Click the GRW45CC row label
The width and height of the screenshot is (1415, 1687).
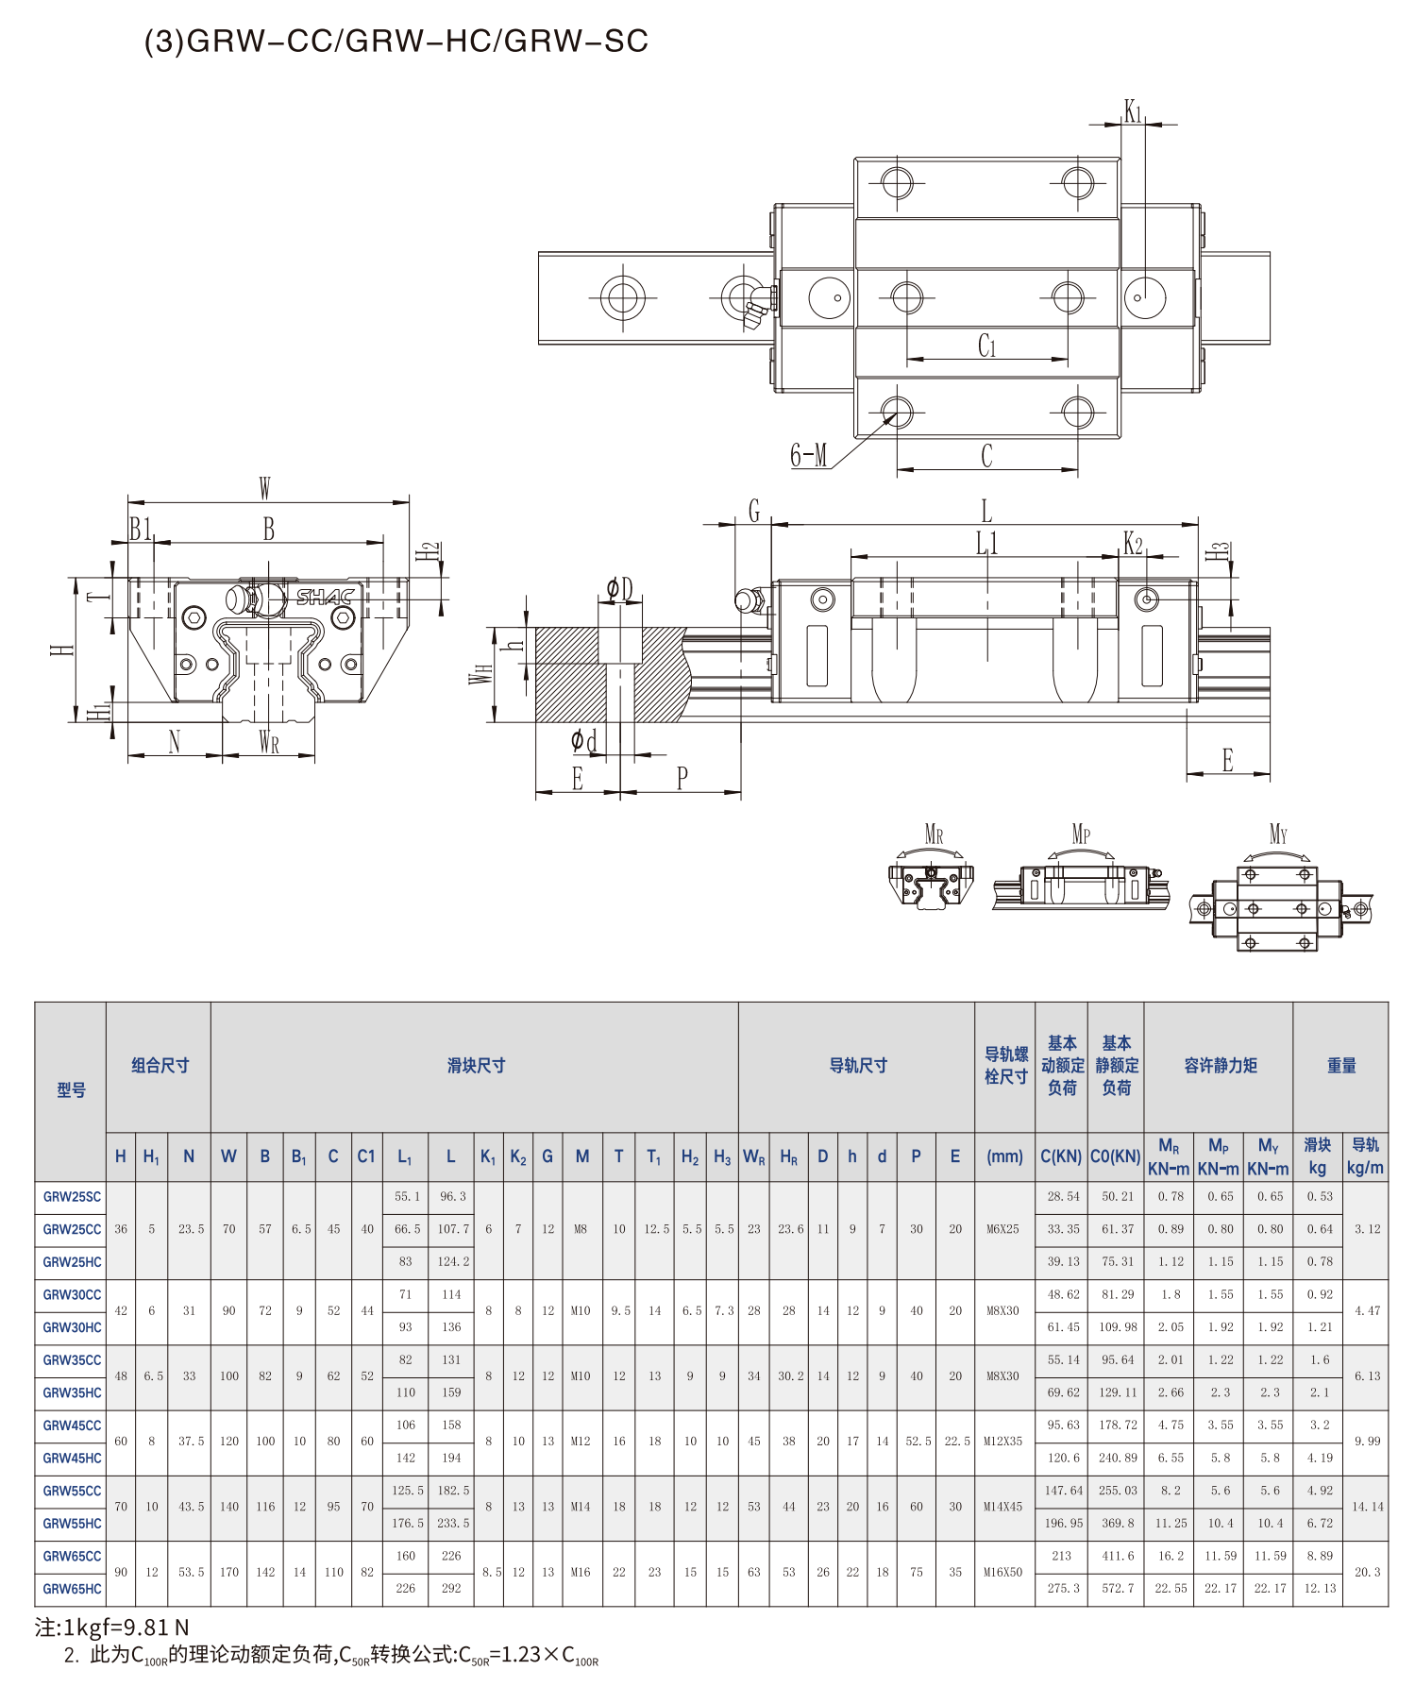[72, 1426]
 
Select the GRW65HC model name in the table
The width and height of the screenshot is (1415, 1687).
[72, 1589]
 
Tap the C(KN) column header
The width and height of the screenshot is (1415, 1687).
[1061, 1156]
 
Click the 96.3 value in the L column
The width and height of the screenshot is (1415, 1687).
[453, 1196]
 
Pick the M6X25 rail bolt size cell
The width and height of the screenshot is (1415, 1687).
[1003, 1229]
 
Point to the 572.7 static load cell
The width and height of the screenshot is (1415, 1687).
[1118, 1589]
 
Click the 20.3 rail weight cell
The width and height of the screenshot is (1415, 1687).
[1368, 1572]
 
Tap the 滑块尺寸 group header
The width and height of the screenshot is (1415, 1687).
[477, 1066]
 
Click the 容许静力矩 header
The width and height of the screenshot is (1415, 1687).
[1221, 1066]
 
